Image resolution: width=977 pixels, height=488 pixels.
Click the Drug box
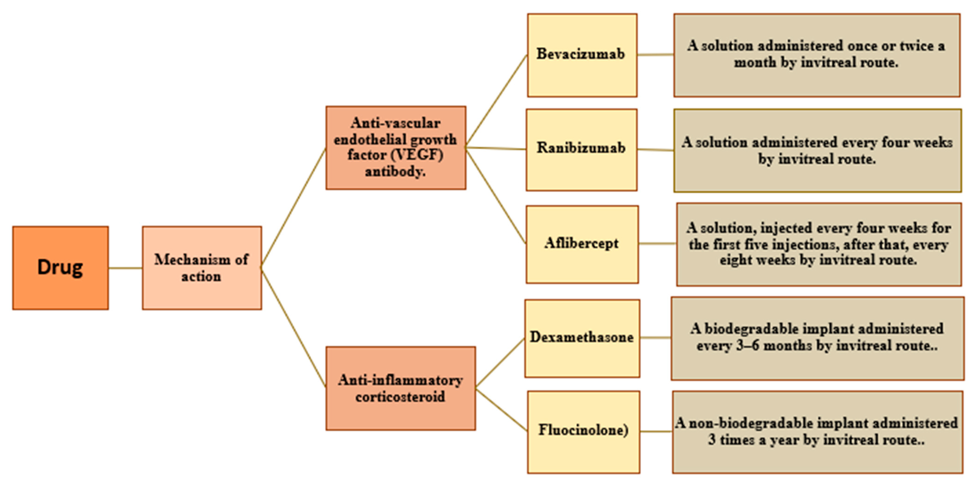[60, 268]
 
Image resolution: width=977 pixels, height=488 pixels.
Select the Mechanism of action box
[202, 268]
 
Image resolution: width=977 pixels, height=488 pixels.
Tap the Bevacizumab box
[582, 55]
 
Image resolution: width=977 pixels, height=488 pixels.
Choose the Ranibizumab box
[581, 150]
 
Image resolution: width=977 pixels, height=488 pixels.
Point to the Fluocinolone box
[583, 432]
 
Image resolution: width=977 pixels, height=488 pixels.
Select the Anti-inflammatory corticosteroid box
[401, 388]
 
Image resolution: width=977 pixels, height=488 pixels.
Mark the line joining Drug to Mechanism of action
[125, 268]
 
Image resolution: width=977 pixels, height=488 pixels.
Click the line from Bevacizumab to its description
[655, 55]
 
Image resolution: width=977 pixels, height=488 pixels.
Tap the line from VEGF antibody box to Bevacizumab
[496, 101]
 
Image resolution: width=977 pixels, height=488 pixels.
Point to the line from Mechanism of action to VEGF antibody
[293, 208]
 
